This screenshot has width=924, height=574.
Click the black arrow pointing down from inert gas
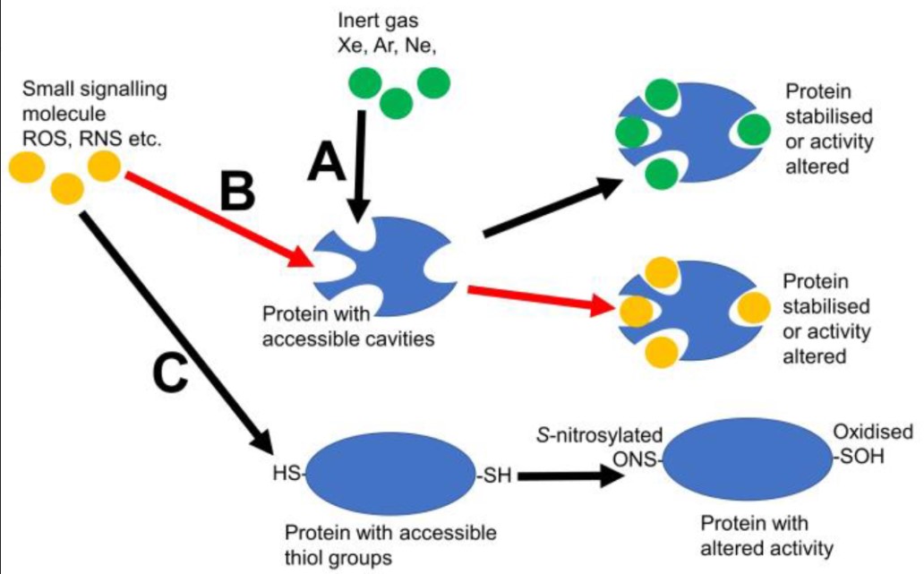point(360,166)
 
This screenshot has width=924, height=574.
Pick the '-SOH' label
point(859,456)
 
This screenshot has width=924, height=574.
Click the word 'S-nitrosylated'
point(599,435)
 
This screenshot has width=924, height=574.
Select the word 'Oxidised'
point(873,433)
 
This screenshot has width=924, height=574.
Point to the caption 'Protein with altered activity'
point(754,535)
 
